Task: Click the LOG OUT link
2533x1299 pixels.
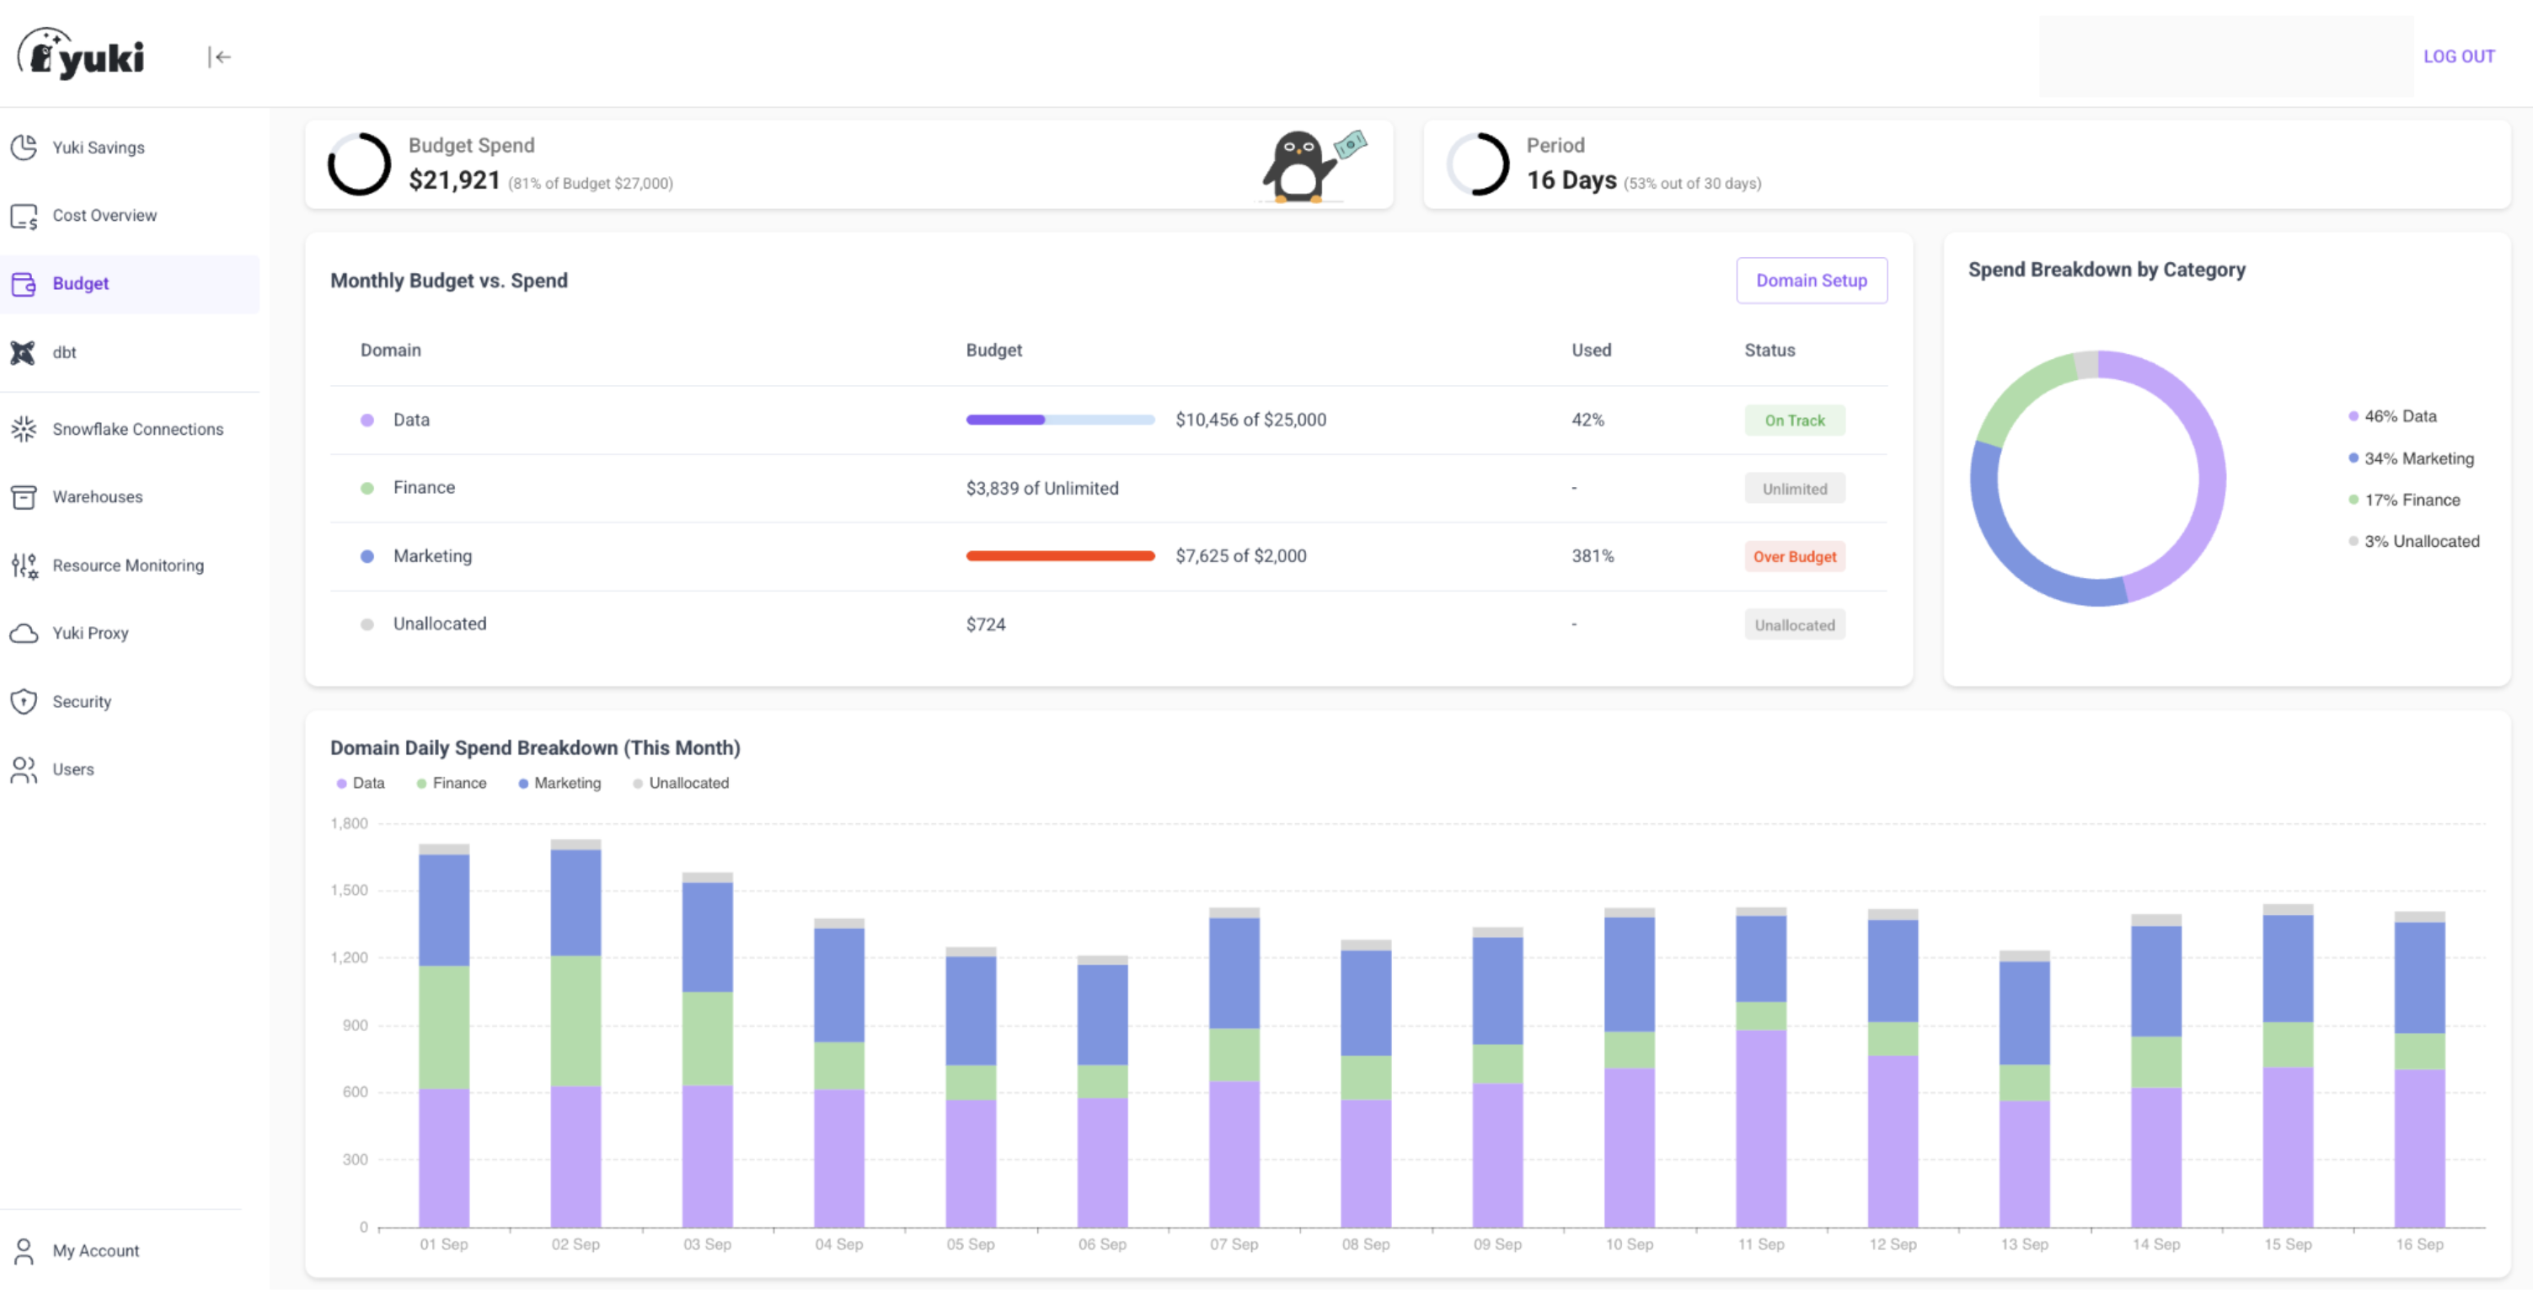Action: pos(2457,57)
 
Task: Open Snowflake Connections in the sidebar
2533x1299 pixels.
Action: pos(137,430)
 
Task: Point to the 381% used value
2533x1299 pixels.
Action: pos(1592,557)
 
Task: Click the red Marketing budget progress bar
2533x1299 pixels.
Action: pos(1059,557)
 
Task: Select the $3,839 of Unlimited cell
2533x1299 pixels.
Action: pos(1042,489)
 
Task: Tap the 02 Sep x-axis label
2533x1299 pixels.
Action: pos(576,1245)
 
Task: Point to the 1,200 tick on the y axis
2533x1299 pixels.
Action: pos(349,958)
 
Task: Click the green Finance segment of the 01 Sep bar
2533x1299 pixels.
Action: pos(443,1028)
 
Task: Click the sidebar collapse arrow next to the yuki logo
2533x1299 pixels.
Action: pos(219,57)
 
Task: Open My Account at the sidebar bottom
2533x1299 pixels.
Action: pos(94,1251)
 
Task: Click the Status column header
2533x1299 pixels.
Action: pos(1769,351)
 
